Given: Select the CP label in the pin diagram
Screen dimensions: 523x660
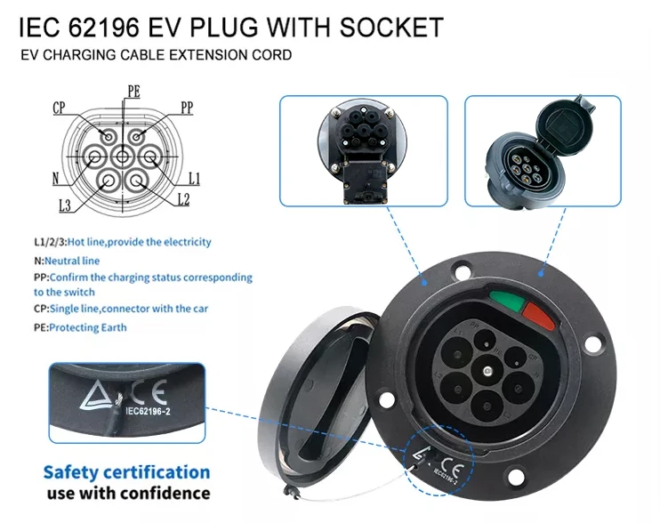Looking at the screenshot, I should [x=60, y=108].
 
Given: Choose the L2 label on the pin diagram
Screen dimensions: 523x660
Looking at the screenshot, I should [x=182, y=200].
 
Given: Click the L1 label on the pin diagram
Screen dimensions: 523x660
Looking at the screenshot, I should [x=194, y=179].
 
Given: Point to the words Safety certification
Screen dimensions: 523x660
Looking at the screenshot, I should [x=126, y=472].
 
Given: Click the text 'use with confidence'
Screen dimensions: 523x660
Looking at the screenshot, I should [x=126, y=493].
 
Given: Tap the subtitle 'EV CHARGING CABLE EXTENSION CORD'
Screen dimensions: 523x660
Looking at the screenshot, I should [x=156, y=55].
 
